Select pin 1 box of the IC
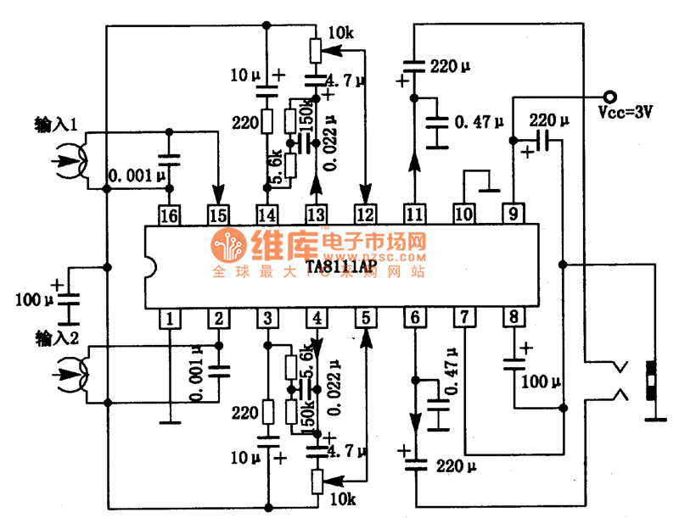(x=171, y=320)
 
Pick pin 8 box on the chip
(x=513, y=320)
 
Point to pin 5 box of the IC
(x=366, y=320)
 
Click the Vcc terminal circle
(x=607, y=95)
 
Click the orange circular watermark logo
(x=228, y=246)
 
